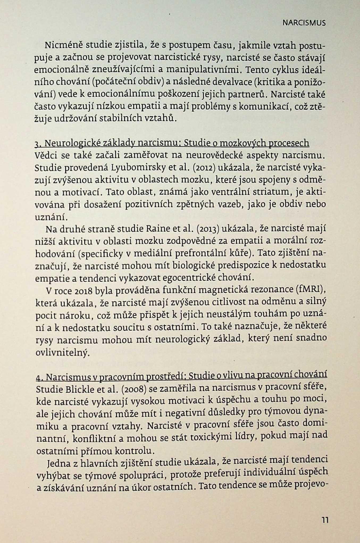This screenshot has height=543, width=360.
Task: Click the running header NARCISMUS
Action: (x=304, y=23)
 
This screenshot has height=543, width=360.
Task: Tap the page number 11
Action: (x=325, y=520)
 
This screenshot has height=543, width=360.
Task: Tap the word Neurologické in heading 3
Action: (x=72, y=144)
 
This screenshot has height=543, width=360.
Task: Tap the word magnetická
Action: (x=223, y=290)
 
